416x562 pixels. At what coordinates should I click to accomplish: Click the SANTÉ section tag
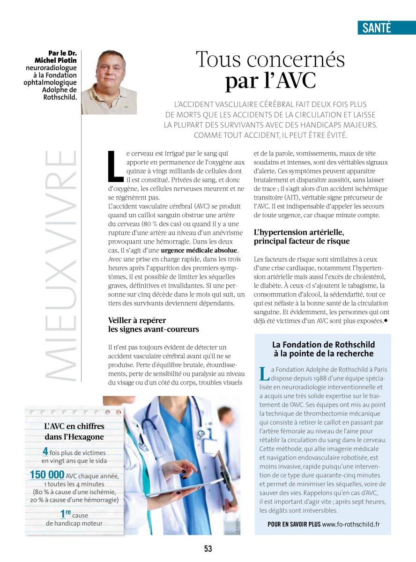[x=377, y=28]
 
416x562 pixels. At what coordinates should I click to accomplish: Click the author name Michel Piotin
[x=56, y=60]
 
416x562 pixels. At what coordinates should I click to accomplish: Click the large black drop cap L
[x=115, y=166]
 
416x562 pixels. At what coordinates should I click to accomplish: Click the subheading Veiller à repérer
[x=137, y=320]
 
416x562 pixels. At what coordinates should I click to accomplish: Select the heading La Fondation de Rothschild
[x=324, y=345]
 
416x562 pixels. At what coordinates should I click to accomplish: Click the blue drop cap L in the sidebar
[x=264, y=374]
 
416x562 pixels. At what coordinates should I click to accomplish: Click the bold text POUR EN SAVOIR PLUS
[x=294, y=524]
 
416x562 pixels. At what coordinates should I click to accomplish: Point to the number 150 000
[x=47, y=475]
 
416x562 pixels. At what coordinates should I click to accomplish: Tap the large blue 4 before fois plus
[x=45, y=452]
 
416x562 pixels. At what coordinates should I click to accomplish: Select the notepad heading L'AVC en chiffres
[x=74, y=426]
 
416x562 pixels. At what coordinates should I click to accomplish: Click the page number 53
[x=208, y=548]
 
